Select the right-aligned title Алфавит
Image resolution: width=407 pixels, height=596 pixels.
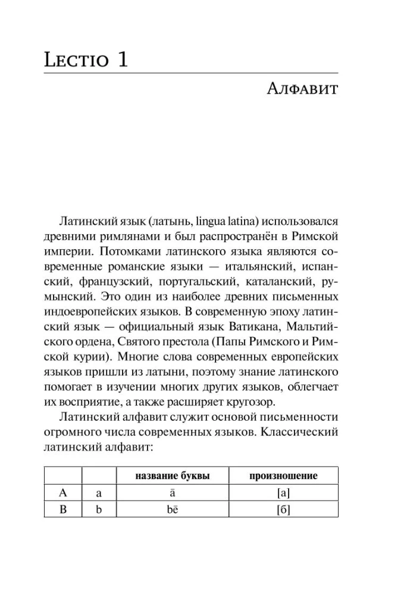point(303,90)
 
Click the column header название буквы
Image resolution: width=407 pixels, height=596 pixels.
point(173,475)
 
